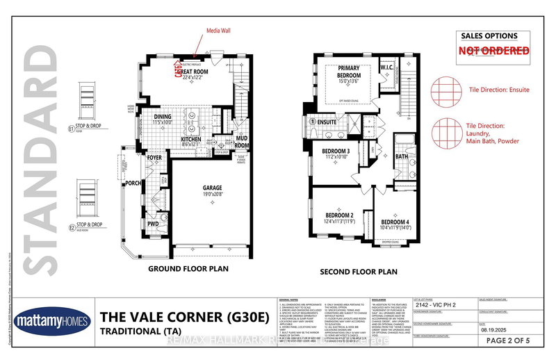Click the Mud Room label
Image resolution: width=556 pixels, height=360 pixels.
(242, 142)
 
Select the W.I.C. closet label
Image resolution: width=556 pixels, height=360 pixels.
(388, 67)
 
